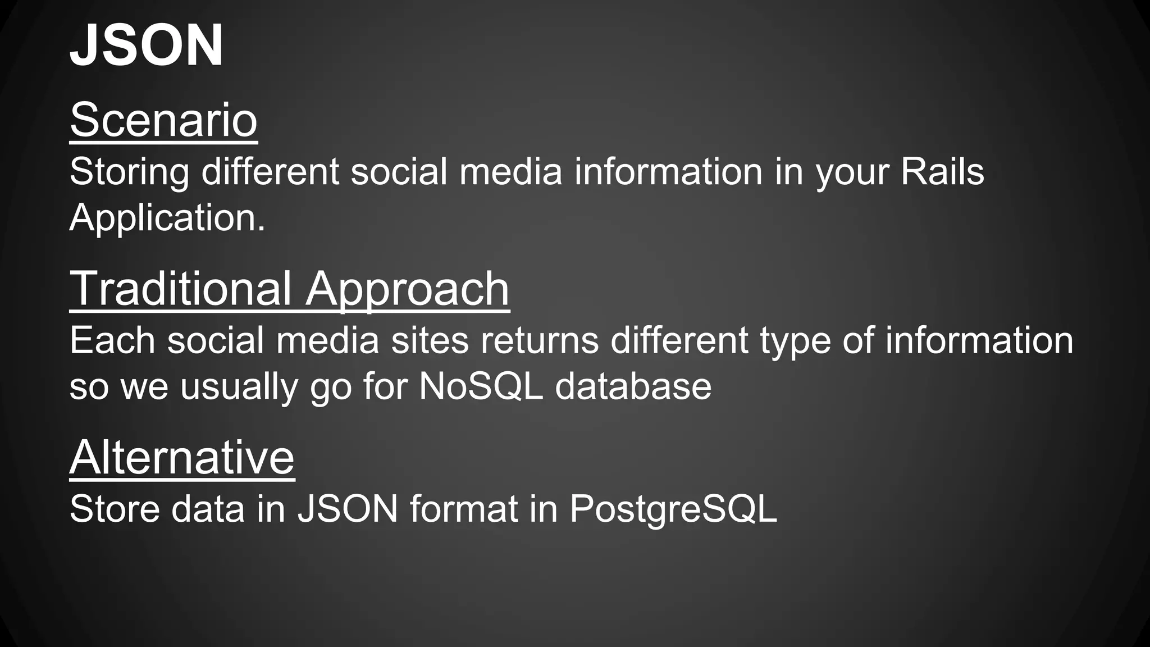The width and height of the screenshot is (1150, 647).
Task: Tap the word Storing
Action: [129, 172]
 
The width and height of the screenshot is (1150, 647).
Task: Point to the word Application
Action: [167, 218]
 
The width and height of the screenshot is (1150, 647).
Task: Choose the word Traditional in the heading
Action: [180, 288]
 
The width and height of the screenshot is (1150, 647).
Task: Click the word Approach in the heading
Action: [407, 288]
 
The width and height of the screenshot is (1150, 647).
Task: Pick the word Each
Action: [112, 340]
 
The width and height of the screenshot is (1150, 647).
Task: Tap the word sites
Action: [430, 340]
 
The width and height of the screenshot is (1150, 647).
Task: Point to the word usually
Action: [239, 387]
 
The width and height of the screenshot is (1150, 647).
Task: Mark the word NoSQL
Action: [481, 386]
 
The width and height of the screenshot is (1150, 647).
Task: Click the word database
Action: [633, 386]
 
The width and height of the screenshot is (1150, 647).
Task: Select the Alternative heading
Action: [182, 457]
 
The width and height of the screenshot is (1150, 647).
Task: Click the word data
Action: [208, 509]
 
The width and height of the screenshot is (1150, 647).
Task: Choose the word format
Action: [464, 509]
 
